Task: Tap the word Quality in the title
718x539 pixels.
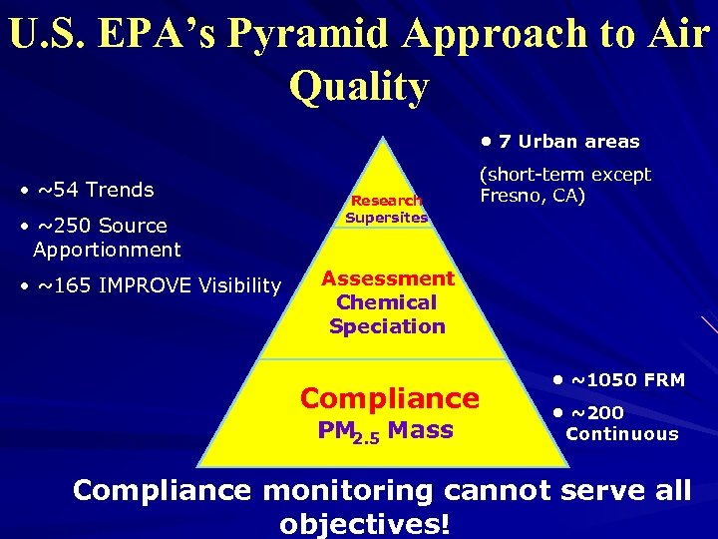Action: tap(359, 86)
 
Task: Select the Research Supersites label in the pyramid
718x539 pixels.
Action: tap(386, 209)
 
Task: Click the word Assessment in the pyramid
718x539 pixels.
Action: tap(387, 278)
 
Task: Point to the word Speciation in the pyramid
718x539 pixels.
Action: tap(387, 326)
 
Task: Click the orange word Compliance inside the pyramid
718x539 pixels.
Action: tap(389, 398)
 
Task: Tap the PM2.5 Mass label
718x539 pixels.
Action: tap(385, 432)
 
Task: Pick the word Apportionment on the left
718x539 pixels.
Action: tap(107, 250)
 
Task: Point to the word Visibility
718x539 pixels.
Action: tap(239, 286)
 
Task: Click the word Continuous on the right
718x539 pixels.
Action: tap(621, 434)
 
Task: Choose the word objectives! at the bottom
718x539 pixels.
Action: tap(365, 523)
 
